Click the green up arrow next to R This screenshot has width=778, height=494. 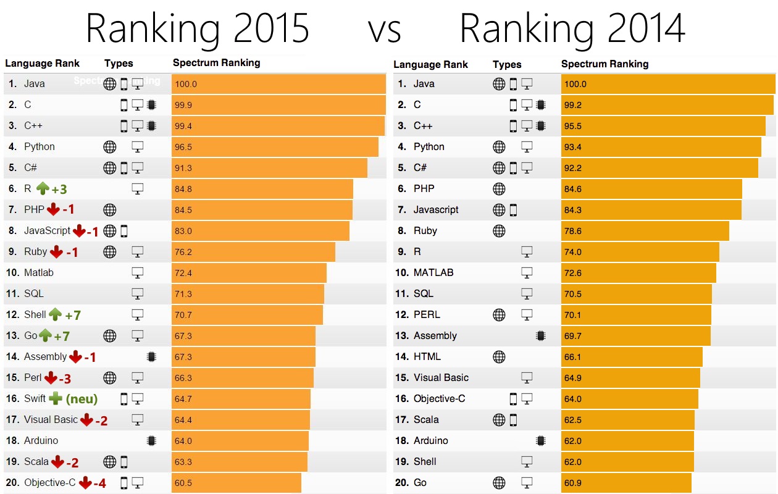[43, 188]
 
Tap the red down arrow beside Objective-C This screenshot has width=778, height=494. [85, 482]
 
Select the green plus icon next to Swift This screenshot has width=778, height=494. [55, 398]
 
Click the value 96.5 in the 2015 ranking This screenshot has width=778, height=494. [183, 147]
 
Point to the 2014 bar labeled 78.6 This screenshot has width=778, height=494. [645, 231]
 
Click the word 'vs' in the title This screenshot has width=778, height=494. [385, 31]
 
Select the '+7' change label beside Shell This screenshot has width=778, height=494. [73, 316]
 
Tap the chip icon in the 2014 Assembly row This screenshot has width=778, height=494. [541, 335]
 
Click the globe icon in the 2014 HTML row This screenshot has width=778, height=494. [499, 357]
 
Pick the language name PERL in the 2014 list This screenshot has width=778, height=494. [427, 315]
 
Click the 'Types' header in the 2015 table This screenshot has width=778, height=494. [119, 63]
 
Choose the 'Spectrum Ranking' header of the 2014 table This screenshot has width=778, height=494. [604, 64]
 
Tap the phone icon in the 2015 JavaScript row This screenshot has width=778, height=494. [124, 231]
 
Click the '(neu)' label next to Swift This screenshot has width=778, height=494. [82, 399]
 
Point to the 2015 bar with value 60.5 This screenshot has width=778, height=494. [236, 482]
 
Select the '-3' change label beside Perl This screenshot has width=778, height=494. [65, 379]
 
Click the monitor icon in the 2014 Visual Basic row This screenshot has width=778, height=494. [527, 378]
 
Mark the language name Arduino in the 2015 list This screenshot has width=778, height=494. [41, 440]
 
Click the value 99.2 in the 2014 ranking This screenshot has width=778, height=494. [573, 105]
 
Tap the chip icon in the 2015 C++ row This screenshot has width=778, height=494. [151, 125]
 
